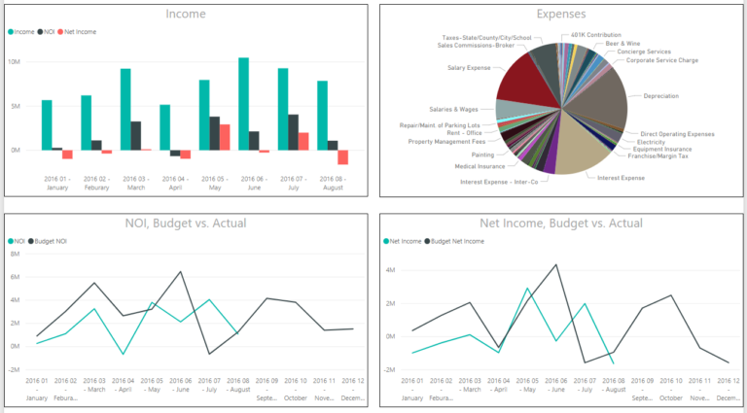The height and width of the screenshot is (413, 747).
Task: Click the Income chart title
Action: pos(186,14)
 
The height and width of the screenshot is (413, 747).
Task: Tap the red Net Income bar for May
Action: pos(225,137)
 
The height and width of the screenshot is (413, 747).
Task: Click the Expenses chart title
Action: pos(561,14)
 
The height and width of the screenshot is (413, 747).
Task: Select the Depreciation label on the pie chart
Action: pos(661,96)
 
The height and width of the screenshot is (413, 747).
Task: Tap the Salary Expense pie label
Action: pos(470,68)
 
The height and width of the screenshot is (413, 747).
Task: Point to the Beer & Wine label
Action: pos(624,44)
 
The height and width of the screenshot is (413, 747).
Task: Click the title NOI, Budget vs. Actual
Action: pos(186,223)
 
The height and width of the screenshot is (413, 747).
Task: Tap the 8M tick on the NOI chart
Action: pos(15,254)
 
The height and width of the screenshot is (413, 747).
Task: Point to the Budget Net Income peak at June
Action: pos(555,264)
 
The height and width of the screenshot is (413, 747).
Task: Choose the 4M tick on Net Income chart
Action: pos(390,270)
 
